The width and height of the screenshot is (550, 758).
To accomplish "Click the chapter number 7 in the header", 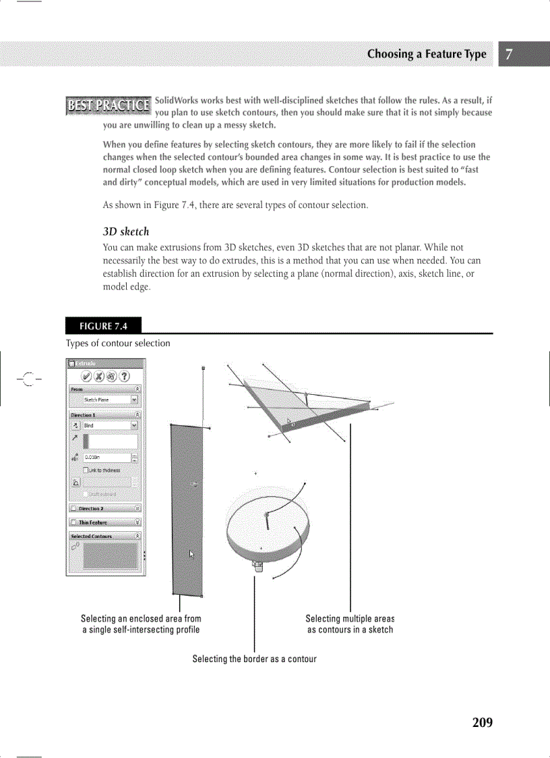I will (x=510, y=54).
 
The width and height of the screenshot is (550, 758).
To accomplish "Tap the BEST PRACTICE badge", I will (x=108, y=105).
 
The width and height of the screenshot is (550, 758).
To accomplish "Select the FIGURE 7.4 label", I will (x=103, y=327).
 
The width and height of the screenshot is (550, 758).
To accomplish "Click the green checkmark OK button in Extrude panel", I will (x=86, y=376).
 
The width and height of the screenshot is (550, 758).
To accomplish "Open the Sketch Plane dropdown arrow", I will (x=135, y=400).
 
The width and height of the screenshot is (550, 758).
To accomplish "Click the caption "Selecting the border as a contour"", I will (x=254, y=659).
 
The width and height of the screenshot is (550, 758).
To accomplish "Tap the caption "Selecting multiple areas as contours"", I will (x=349, y=624).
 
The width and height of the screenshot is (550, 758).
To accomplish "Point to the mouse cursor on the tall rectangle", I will (x=191, y=553).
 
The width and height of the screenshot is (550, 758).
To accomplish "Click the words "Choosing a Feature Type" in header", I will (x=426, y=54).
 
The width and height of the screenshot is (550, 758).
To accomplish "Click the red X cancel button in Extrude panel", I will (x=99, y=376).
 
